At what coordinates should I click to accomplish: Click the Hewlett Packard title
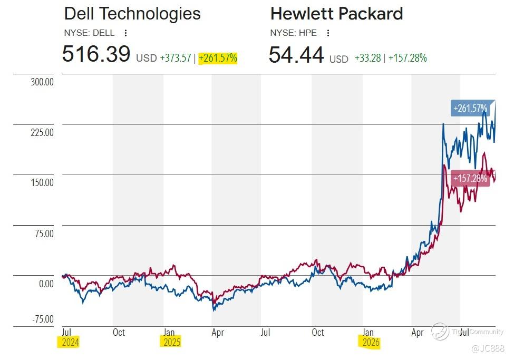pos(337,14)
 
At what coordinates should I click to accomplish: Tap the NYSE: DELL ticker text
pos(89,33)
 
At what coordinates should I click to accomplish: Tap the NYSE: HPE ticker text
pos(294,33)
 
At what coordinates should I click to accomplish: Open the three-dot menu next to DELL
pos(125,33)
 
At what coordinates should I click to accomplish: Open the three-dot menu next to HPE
pos(328,33)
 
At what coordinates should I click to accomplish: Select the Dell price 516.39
pos(96,53)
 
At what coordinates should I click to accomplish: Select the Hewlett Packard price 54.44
pos(296,54)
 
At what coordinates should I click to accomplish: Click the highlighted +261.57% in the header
pos(218,58)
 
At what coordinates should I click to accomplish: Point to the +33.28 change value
pos(368,58)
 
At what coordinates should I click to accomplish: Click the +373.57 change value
pos(176,58)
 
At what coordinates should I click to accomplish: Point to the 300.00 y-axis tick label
pos(42,82)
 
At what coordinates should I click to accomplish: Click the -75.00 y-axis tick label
pos(43,319)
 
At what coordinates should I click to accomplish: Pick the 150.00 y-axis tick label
pos(42,182)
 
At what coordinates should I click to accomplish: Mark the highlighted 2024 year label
pos(70,342)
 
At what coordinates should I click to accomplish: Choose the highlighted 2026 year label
pos(371,342)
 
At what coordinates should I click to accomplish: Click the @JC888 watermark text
pos(488,348)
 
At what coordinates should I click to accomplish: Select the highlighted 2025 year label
pos(172,342)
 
